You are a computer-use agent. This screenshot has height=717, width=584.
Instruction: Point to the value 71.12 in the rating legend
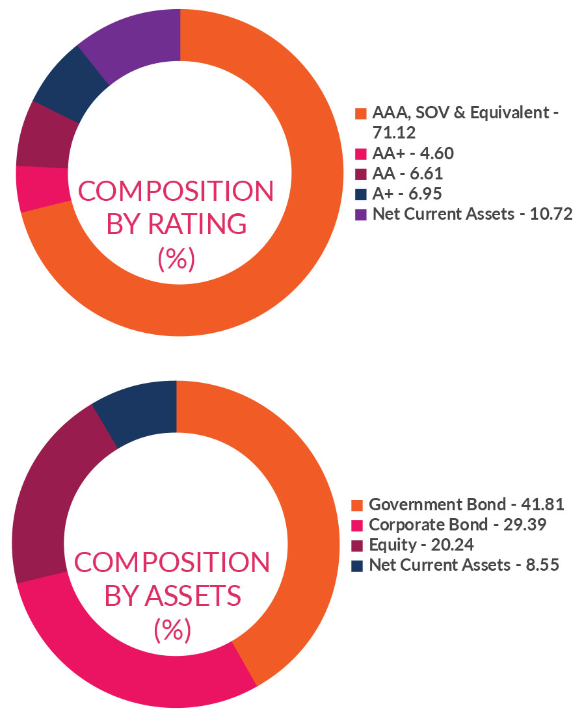click(393, 133)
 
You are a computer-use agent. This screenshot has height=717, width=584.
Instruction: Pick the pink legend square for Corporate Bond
click(356, 525)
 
